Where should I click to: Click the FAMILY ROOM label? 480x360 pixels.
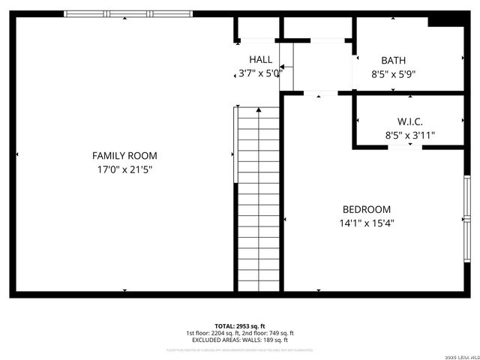[x=124, y=155]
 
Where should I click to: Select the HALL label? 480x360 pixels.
[x=261, y=59]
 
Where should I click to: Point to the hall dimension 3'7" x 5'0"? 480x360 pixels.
[x=259, y=73]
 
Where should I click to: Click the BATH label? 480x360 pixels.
[x=393, y=60]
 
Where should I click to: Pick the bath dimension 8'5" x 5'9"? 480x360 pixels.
[x=393, y=74]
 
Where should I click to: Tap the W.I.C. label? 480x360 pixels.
[x=409, y=121]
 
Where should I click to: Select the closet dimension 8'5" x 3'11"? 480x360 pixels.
[x=409, y=136]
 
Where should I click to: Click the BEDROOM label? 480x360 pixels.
[x=366, y=209]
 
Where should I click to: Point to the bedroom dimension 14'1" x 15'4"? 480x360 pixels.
[x=366, y=223]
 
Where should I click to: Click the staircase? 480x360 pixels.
[x=259, y=199]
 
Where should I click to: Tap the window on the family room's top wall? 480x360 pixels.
[x=128, y=13]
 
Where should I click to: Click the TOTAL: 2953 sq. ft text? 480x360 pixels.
[x=239, y=325]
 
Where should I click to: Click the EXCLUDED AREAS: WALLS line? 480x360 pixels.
[x=239, y=340]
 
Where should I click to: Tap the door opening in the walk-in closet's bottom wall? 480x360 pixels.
[x=400, y=147]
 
